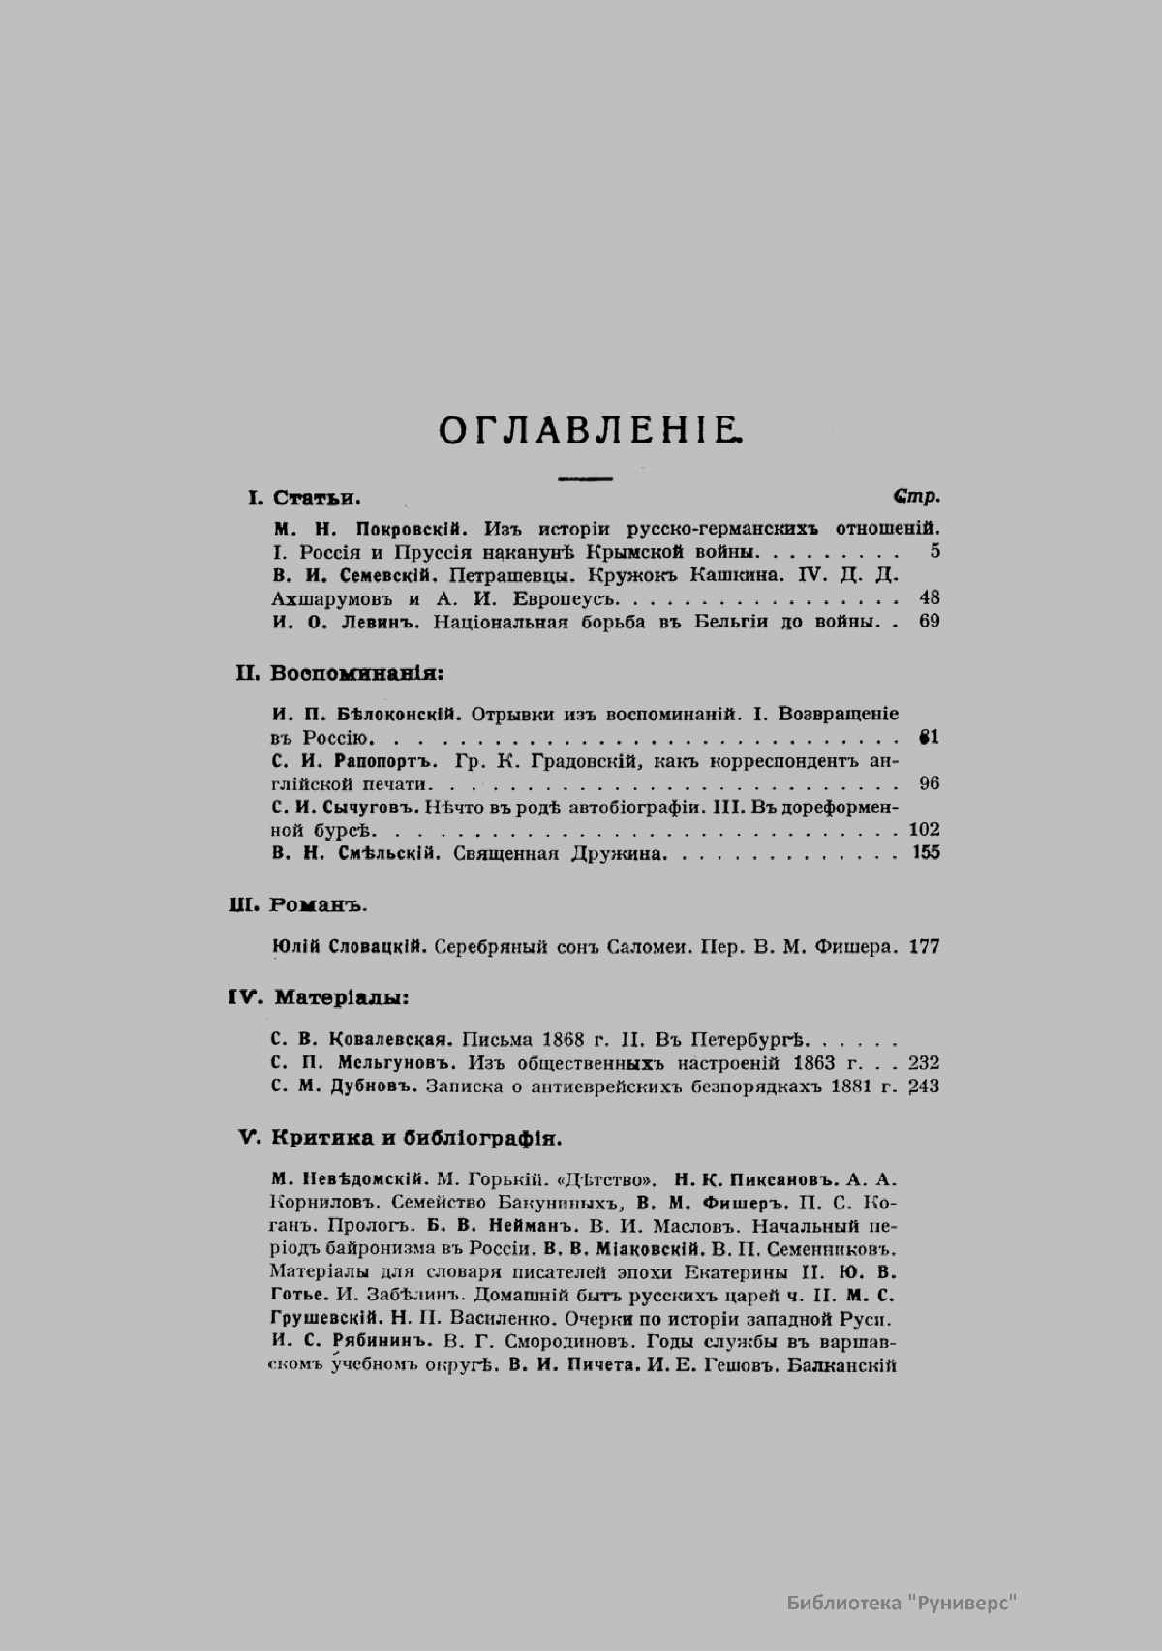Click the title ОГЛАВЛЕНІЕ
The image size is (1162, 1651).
coord(592,429)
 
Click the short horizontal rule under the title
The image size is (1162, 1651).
coord(585,478)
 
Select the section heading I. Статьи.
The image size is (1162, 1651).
coord(304,499)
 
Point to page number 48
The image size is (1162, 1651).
coord(929,597)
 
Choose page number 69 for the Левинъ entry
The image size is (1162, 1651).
coord(929,621)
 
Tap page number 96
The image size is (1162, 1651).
coord(929,783)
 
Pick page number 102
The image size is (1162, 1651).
coord(925,829)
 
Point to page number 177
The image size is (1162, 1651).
coord(925,946)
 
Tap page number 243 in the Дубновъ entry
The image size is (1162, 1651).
coord(925,1086)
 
